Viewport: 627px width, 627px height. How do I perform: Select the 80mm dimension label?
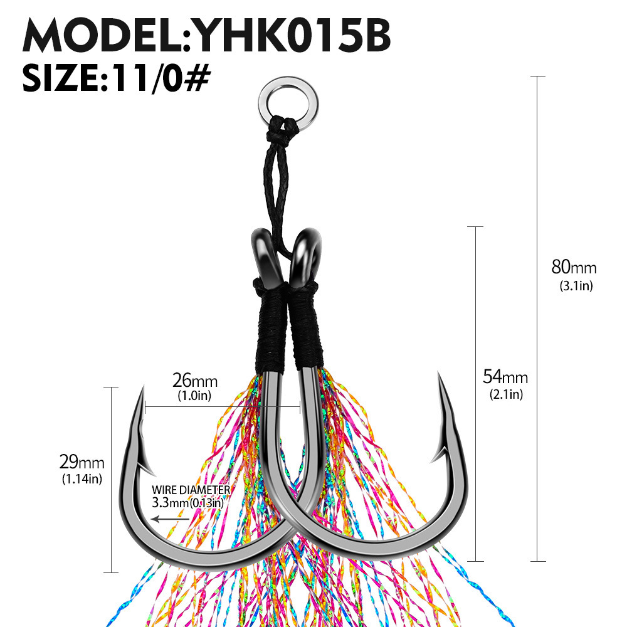(x=574, y=268)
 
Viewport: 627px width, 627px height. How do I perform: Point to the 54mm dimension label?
(x=505, y=377)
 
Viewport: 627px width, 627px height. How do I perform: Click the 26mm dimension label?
(x=195, y=381)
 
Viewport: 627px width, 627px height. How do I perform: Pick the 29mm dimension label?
(x=82, y=463)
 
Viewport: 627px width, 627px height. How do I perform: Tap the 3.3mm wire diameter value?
(x=166, y=502)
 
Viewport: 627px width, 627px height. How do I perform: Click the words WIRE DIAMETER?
(x=191, y=490)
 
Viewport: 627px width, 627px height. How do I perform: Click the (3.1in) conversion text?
(x=576, y=287)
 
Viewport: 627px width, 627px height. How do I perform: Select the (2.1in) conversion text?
(x=506, y=395)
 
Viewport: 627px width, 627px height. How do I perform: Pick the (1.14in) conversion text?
(x=82, y=480)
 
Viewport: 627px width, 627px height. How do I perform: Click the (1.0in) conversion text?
(x=195, y=396)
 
